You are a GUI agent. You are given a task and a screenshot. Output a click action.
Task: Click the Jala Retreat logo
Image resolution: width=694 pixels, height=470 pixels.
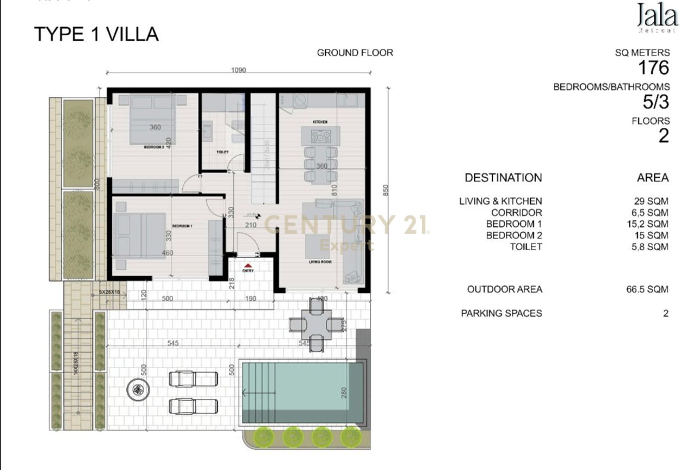click(x=657, y=17)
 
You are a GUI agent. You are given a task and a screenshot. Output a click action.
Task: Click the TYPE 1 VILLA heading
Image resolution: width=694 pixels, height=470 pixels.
click(x=97, y=34)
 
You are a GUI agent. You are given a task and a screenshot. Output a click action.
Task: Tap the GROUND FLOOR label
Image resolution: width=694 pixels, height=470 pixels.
click(x=355, y=53)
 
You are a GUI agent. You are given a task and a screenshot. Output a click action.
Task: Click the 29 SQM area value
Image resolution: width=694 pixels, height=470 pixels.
click(x=647, y=201)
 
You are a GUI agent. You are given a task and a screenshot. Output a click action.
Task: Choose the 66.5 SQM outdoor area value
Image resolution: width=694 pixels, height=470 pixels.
click(x=647, y=289)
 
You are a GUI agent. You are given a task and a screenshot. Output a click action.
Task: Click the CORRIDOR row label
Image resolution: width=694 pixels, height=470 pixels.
click(x=516, y=212)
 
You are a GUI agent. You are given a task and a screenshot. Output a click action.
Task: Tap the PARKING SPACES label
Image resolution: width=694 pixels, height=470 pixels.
click(x=501, y=313)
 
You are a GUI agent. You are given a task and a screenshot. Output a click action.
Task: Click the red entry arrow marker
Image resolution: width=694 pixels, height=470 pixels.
click(x=248, y=264)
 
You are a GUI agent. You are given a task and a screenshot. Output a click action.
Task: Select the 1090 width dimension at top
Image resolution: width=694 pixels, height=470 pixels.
click(x=239, y=70)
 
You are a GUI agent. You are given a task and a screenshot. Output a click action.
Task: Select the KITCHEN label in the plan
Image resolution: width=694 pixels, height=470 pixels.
click(x=319, y=122)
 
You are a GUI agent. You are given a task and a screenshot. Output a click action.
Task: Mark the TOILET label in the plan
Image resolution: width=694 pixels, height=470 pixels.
click(x=222, y=153)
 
